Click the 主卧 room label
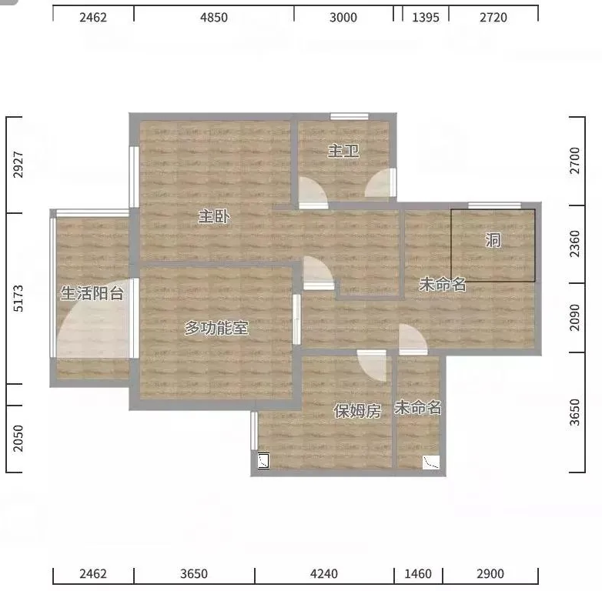coord(214,216)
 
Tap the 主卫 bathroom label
coord(343,151)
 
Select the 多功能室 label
coord(216,328)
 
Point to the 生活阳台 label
coord(92,293)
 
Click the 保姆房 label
coord(357,411)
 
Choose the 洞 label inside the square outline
coord(493,240)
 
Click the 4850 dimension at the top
coord(214,17)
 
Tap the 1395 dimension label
coord(426,17)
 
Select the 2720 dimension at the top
coord(493,17)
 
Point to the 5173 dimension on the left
coord(18,298)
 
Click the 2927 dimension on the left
coord(18,165)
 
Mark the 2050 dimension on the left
coord(18,439)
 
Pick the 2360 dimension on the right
coord(575,244)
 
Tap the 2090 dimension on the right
coord(575,317)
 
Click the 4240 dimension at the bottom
coord(324,574)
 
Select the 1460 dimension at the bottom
coord(418,574)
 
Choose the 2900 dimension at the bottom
coord(490,574)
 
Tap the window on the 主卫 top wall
coord(349,116)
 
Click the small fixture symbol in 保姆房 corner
coord(263,460)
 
